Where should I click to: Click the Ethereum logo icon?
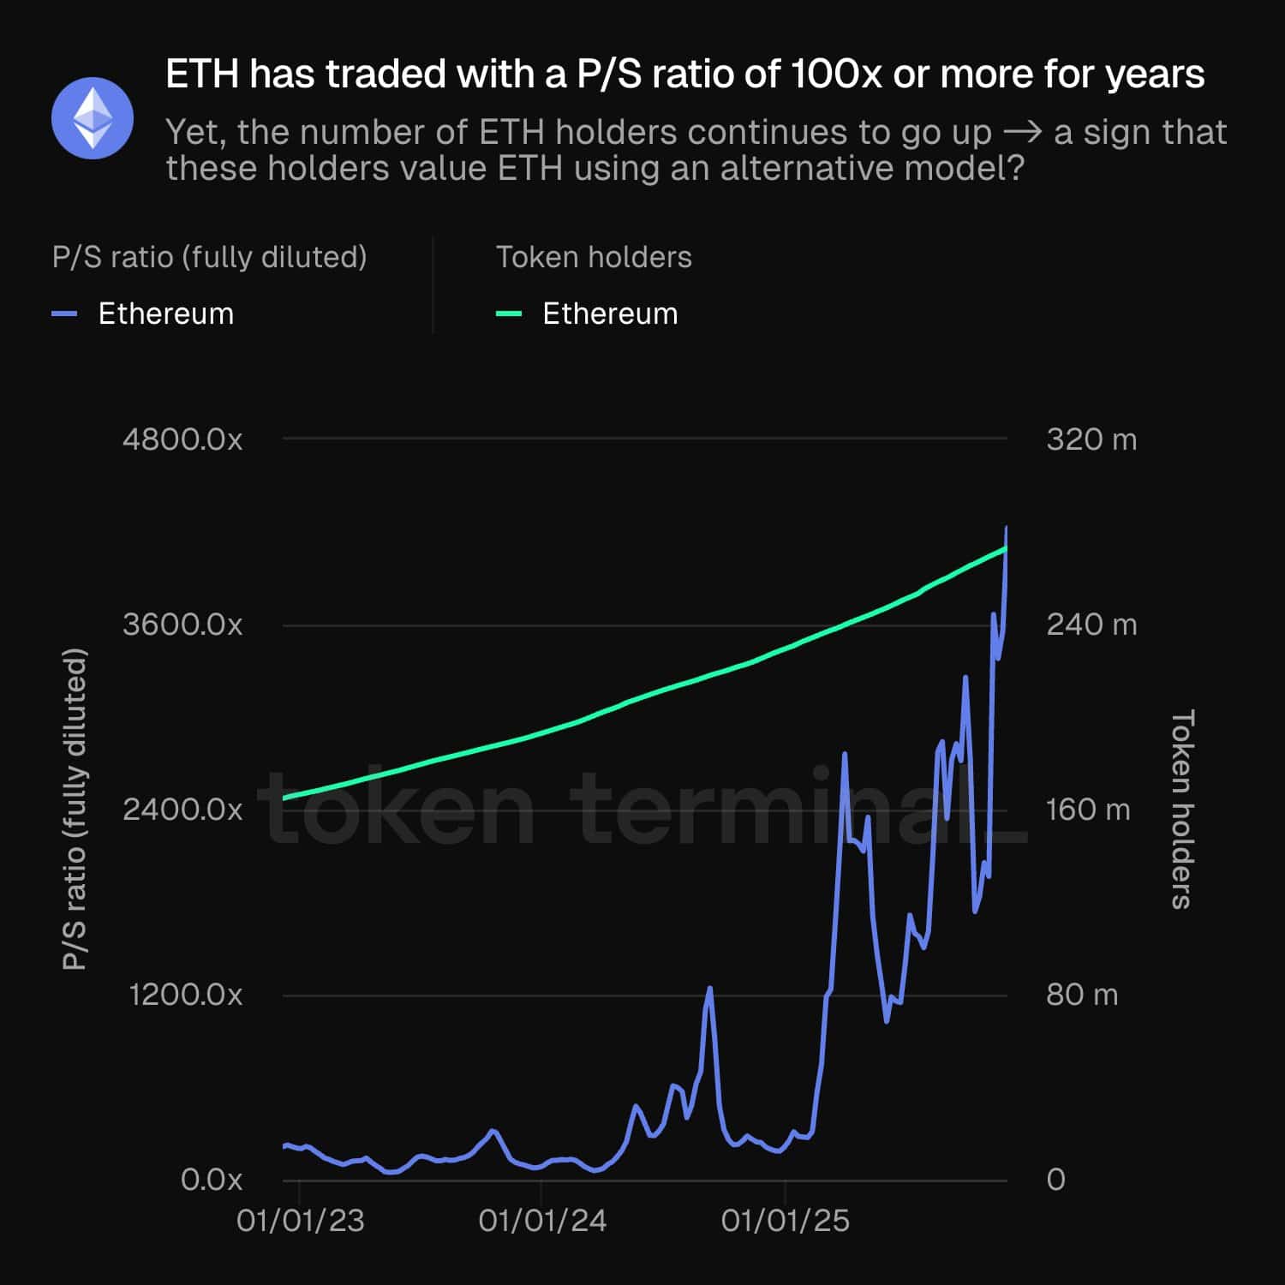[93, 118]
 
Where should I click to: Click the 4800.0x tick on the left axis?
[182, 439]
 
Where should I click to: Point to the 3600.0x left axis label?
[182, 625]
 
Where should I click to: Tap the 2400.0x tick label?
[182, 810]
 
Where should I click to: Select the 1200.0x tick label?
[185, 995]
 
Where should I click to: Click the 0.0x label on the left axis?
[211, 1180]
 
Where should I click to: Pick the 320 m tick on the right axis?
[1091, 439]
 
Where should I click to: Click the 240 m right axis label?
[1091, 625]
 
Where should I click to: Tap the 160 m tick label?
[1088, 810]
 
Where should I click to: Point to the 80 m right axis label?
[1082, 995]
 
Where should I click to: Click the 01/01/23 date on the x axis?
[300, 1221]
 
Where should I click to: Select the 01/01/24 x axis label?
[542, 1221]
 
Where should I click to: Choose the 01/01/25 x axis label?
[785, 1221]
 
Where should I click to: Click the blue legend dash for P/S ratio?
[65, 314]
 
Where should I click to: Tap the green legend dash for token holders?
[509, 314]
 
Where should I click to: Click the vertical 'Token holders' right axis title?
[1181, 809]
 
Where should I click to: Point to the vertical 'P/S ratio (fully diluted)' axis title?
[75, 809]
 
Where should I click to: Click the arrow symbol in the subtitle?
[1022, 133]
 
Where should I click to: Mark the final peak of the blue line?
[1006, 528]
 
